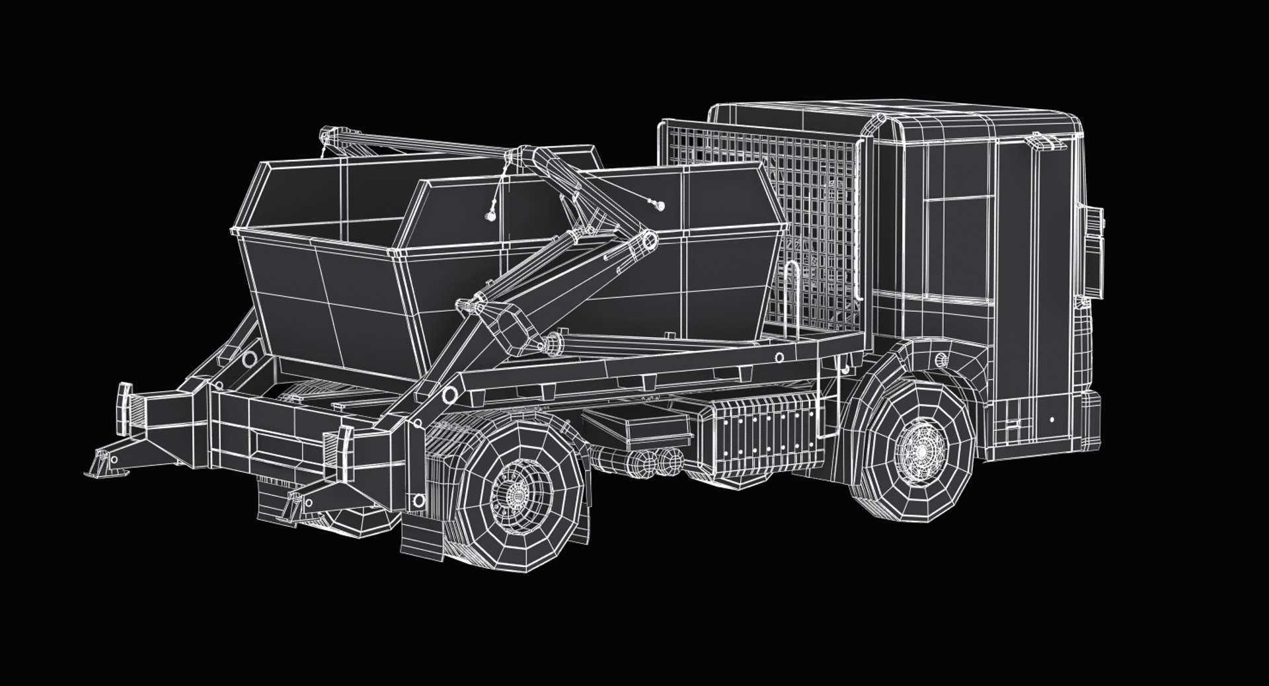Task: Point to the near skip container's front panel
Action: (324, 297)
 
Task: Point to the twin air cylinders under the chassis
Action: (654, 461)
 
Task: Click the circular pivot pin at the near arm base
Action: (449, 395)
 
